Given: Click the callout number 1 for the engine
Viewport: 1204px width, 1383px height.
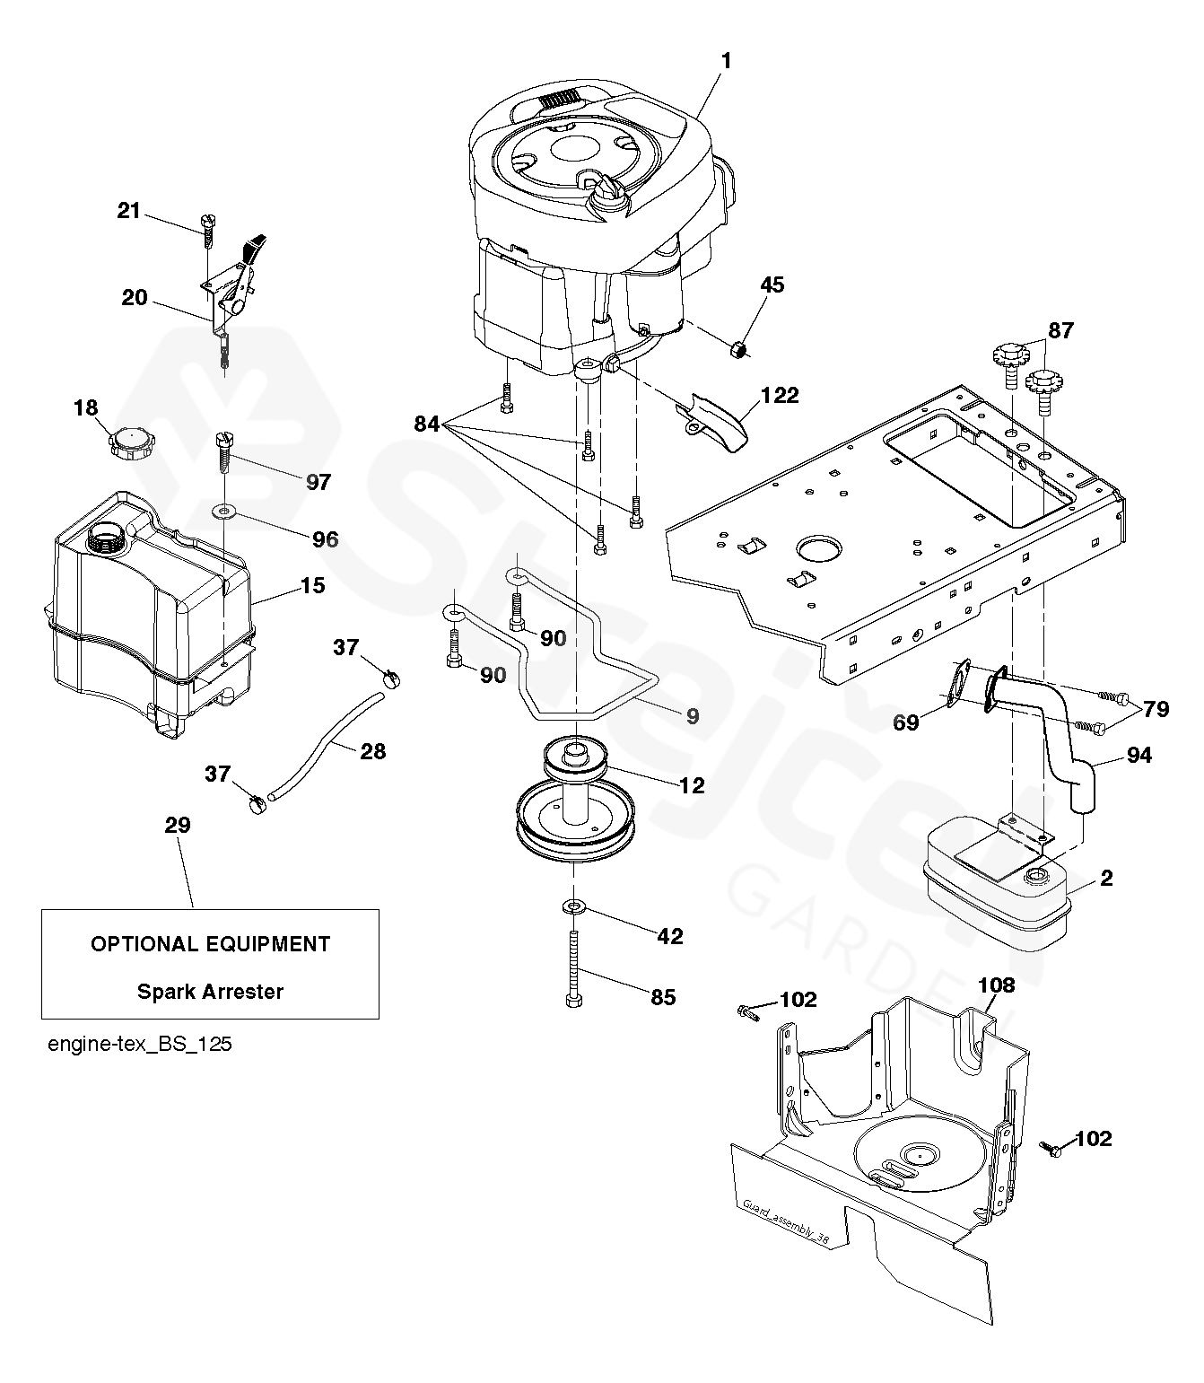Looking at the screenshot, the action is click(x=727, y=62).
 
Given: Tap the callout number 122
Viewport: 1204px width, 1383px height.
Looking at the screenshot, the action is click(x=780, y=395).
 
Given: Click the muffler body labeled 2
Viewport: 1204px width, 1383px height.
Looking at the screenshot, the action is click(x=997, y=885).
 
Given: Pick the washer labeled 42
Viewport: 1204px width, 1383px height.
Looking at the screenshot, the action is click(x=573, y=906).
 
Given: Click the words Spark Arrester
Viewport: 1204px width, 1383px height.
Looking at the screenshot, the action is click(x=210, y=992).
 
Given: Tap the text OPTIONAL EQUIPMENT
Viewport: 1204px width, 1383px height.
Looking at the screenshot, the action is click(x=210, y=944).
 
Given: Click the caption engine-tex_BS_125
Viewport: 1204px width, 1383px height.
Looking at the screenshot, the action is click(x=139, y=1045).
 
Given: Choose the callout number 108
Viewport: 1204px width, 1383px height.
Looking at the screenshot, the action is click(x=997, y=985).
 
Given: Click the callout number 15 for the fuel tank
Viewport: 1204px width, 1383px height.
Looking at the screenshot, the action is click(x=312, y=585).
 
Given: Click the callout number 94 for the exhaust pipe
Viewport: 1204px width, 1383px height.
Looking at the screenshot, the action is click(x=1139, y=755).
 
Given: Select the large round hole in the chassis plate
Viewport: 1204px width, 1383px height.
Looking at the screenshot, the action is click(x=819, y=548).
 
